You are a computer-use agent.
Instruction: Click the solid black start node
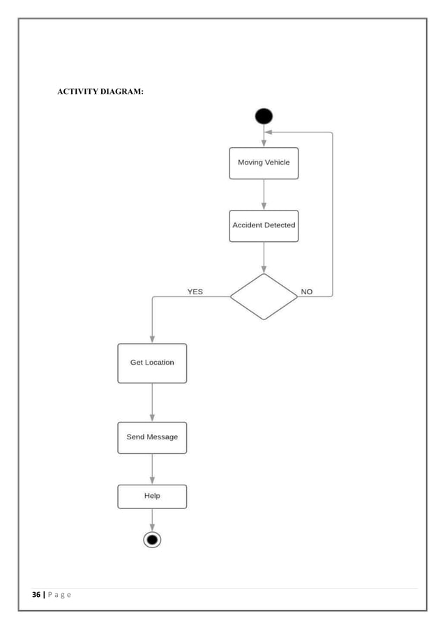[x=264, y=116]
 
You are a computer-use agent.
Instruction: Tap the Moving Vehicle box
[x=264, y=163]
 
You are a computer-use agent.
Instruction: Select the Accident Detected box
[x=264, y=226]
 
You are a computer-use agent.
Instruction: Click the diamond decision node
[x=264, y=296]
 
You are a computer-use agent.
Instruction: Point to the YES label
[x=195, y=291]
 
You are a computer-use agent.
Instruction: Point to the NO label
[x=306, y=291]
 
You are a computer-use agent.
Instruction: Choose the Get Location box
[x=152, y=363]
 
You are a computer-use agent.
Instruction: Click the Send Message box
[x=152, y=437]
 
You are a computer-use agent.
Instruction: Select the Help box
[x=152, y=496]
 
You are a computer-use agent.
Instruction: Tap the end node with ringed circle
[x=152, y=539]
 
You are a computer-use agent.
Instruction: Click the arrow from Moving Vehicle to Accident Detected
[x=264, y=195]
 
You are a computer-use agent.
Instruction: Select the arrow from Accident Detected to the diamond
[x=264, y=257]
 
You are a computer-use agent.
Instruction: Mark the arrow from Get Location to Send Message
[x=152, y=402]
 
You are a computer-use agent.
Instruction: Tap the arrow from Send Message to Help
[x=152, y=469]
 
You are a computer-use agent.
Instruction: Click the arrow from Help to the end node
[x=152, y=519]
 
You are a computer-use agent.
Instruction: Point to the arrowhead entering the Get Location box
[x=152, y=339]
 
